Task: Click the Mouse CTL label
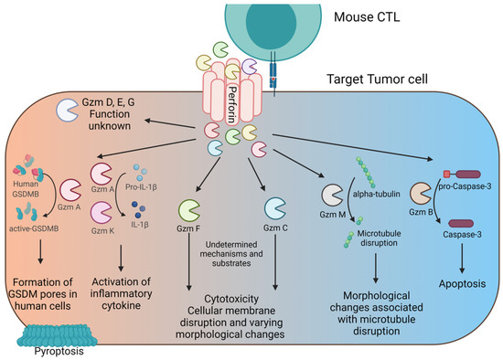click(x=367, y=17)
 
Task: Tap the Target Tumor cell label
click(x=377, y=79)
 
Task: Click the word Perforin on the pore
click(x=232, y=105)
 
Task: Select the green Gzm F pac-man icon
click(x=189, y=210)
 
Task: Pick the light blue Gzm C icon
click(x=275, y=208)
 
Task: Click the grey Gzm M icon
click(x=332, y=195)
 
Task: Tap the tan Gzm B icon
click(x=421, y=194)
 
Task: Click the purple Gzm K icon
click(x=101, y=212)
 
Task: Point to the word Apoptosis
click(x=462, y=283)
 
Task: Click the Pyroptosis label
click(x=59, y=352)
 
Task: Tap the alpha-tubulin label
click(x=377, y=194)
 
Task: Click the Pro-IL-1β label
click(x=141, y=186)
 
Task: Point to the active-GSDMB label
click(x=34, y=229)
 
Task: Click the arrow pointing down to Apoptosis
click(x=462, y=259)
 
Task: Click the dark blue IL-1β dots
click(x=139, y=209)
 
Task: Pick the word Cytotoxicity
click(x=231, y=299)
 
